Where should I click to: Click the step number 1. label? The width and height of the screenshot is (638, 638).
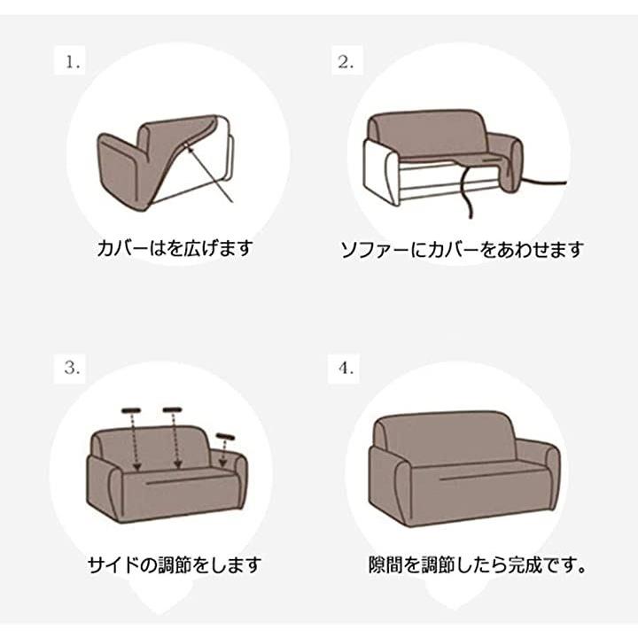[73, 63]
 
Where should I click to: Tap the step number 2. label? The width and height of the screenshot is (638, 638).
[346, 62]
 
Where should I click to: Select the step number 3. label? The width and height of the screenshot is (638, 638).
[72, 369]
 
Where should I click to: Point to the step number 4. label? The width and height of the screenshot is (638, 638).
[346, 369]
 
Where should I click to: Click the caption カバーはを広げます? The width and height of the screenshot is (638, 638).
[175, 248]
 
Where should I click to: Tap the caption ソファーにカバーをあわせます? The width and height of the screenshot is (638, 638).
[462, 249]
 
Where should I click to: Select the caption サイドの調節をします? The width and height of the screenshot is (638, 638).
[175, 564]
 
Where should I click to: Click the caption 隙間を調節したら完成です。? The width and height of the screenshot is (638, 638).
[478, 564]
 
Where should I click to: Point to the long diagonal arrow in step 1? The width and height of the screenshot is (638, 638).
[208, 173]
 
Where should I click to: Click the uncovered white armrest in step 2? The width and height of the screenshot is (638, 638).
[381, 173]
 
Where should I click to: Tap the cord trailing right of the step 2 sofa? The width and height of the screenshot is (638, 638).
[543, 181]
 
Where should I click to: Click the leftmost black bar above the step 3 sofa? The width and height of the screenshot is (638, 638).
[130, 409]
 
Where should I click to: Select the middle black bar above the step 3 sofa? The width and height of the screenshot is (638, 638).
[172, 409]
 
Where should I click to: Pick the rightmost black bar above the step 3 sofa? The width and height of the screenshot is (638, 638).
[225, 437]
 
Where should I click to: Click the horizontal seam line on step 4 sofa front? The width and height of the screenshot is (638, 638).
[493, 475]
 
